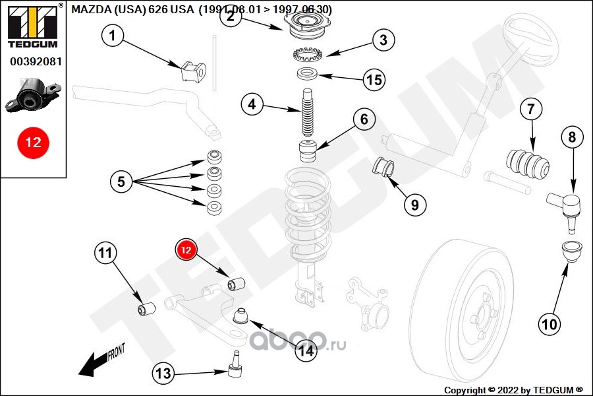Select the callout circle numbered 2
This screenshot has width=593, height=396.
(x=231, y=16)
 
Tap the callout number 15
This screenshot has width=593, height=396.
(x=374, y=80)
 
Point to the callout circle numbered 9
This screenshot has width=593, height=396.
(x=414, y=205)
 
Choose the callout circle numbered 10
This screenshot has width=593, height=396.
(x=550, y=323)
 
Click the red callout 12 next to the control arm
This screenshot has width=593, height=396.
(x=186, y=250)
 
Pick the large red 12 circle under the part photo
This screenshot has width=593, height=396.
(x=33, y=142)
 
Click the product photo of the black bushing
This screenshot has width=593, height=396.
(x=34, y=96)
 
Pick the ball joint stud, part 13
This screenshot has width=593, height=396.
(x=235, y=367)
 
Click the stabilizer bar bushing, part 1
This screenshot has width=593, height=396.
(x=193, y=69)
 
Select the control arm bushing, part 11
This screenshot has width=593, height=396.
(x=146, y=308)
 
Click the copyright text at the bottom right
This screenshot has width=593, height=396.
(x=513, y=390)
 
